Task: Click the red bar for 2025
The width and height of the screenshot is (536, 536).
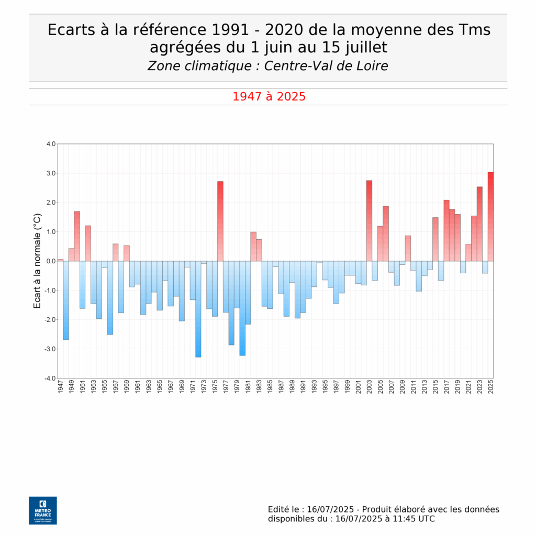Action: tap(490, 216)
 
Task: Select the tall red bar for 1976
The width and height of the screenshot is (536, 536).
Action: tap(220, 221)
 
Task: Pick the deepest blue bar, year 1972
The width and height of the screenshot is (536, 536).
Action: tap(198, 309)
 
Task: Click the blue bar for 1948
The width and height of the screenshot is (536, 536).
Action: tap(66, 300)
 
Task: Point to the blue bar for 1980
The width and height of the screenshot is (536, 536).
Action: tap(242, 308)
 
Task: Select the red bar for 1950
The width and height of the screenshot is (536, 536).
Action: tap(77, 236)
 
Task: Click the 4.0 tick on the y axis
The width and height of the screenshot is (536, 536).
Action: tap(50, 144)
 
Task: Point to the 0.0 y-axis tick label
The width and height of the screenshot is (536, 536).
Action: tap(50, 261)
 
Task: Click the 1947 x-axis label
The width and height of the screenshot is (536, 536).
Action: tap(61, 388)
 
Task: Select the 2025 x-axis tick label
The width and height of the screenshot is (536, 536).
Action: tap(491, 388)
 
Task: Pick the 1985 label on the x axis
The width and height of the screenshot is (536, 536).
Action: tap(270, 388)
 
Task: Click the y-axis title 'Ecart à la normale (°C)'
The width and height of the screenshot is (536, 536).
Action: tap(37, 261)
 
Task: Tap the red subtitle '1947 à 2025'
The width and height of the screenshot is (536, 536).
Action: tap(269, 97)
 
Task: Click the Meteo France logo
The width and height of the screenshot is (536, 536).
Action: tap(43, 510)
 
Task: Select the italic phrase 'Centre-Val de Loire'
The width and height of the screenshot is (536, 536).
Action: tap(326, 66)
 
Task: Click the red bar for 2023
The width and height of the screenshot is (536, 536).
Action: tap(479, 224)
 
